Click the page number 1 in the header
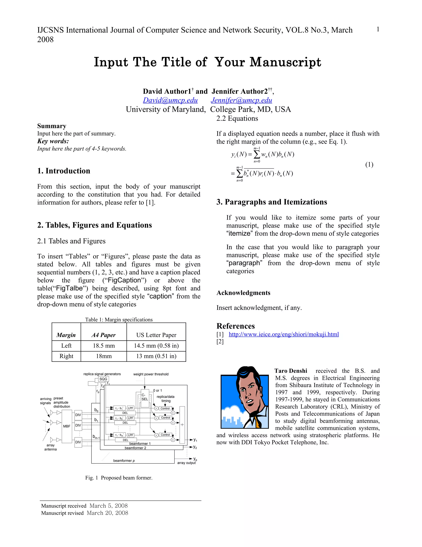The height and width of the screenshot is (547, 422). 378,30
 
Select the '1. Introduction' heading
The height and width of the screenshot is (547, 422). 64,171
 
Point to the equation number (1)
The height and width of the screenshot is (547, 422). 369,165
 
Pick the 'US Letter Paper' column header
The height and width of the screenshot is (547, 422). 156,335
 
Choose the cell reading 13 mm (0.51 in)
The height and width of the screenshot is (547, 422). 156,356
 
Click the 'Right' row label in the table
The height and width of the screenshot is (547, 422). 66,356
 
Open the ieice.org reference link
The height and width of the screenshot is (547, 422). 284,334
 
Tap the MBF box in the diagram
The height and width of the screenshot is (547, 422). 67,426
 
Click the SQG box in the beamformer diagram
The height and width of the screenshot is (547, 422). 103,379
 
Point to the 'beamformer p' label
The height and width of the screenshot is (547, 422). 124,461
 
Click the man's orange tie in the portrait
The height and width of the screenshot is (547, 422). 258,423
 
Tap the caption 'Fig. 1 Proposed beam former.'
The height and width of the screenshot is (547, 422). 119,478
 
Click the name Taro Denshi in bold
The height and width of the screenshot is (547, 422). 291,371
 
